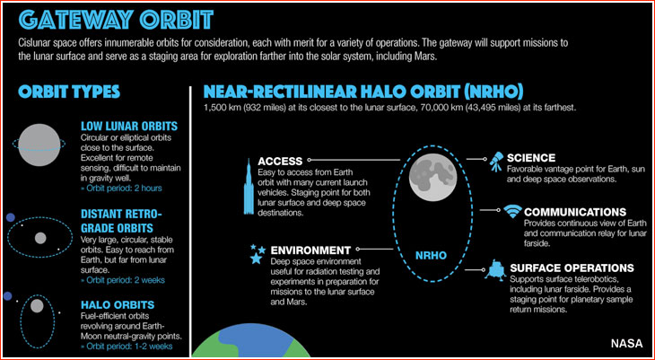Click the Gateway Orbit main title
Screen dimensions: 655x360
(x=116, y=19)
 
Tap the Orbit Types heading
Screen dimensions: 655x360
(x=69, y=92)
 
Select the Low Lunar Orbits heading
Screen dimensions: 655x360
(x=129, y=126)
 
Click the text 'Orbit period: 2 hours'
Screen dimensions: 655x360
(x=121, y=189)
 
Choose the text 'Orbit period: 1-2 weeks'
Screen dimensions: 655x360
(x=127, y=346)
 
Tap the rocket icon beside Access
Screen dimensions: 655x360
(x=249, y=187)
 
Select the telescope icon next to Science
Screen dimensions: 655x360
(x=496, y=161)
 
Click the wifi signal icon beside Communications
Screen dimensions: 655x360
(x=512, y=212)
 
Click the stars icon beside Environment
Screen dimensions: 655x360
(x=257, y=254)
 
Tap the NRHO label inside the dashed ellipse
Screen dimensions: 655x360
(x=431, y=255)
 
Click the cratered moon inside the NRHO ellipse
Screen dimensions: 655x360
(x=432, y=177)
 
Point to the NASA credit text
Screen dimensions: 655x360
(x=626, y=344)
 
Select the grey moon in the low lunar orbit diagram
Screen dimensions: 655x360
(x=39, y=145)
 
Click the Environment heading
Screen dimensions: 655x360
(x=310, y=250)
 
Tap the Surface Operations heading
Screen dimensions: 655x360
(x=572, y=268)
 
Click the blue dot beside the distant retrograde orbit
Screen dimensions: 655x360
(x=11, y=217)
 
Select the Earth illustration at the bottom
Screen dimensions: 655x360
(x=250, y=341)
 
